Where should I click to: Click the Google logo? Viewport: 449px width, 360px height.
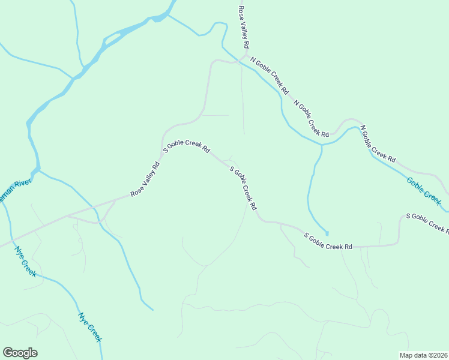(x=20, y=353)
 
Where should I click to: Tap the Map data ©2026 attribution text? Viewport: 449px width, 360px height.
(x=423, y=355)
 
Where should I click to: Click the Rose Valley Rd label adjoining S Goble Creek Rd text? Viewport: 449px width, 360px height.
(x=146, y=179)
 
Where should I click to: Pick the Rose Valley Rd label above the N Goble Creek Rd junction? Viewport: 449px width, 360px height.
(x=243, y=28)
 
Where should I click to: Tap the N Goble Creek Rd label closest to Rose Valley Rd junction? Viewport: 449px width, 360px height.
(x=270, y=76)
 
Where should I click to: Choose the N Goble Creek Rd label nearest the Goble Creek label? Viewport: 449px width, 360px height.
(x=379, y=145)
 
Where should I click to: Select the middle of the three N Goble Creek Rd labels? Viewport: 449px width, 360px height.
(x=312, y=118)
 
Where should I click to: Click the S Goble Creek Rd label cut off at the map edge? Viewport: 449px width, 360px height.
(x=427, y=223)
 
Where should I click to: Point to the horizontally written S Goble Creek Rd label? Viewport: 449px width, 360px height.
(x=328, y=241)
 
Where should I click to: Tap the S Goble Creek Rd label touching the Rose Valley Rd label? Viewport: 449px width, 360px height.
(x=187, y=145)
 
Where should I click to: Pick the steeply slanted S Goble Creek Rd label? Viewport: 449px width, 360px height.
(x=244, y=188)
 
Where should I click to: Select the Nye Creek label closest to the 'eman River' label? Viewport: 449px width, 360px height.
(x=26, y=262)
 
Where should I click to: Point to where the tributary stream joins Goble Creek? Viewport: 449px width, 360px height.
(x=322, y=145)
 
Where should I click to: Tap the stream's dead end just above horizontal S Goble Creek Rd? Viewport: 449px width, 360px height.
(x=327, y=233)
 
